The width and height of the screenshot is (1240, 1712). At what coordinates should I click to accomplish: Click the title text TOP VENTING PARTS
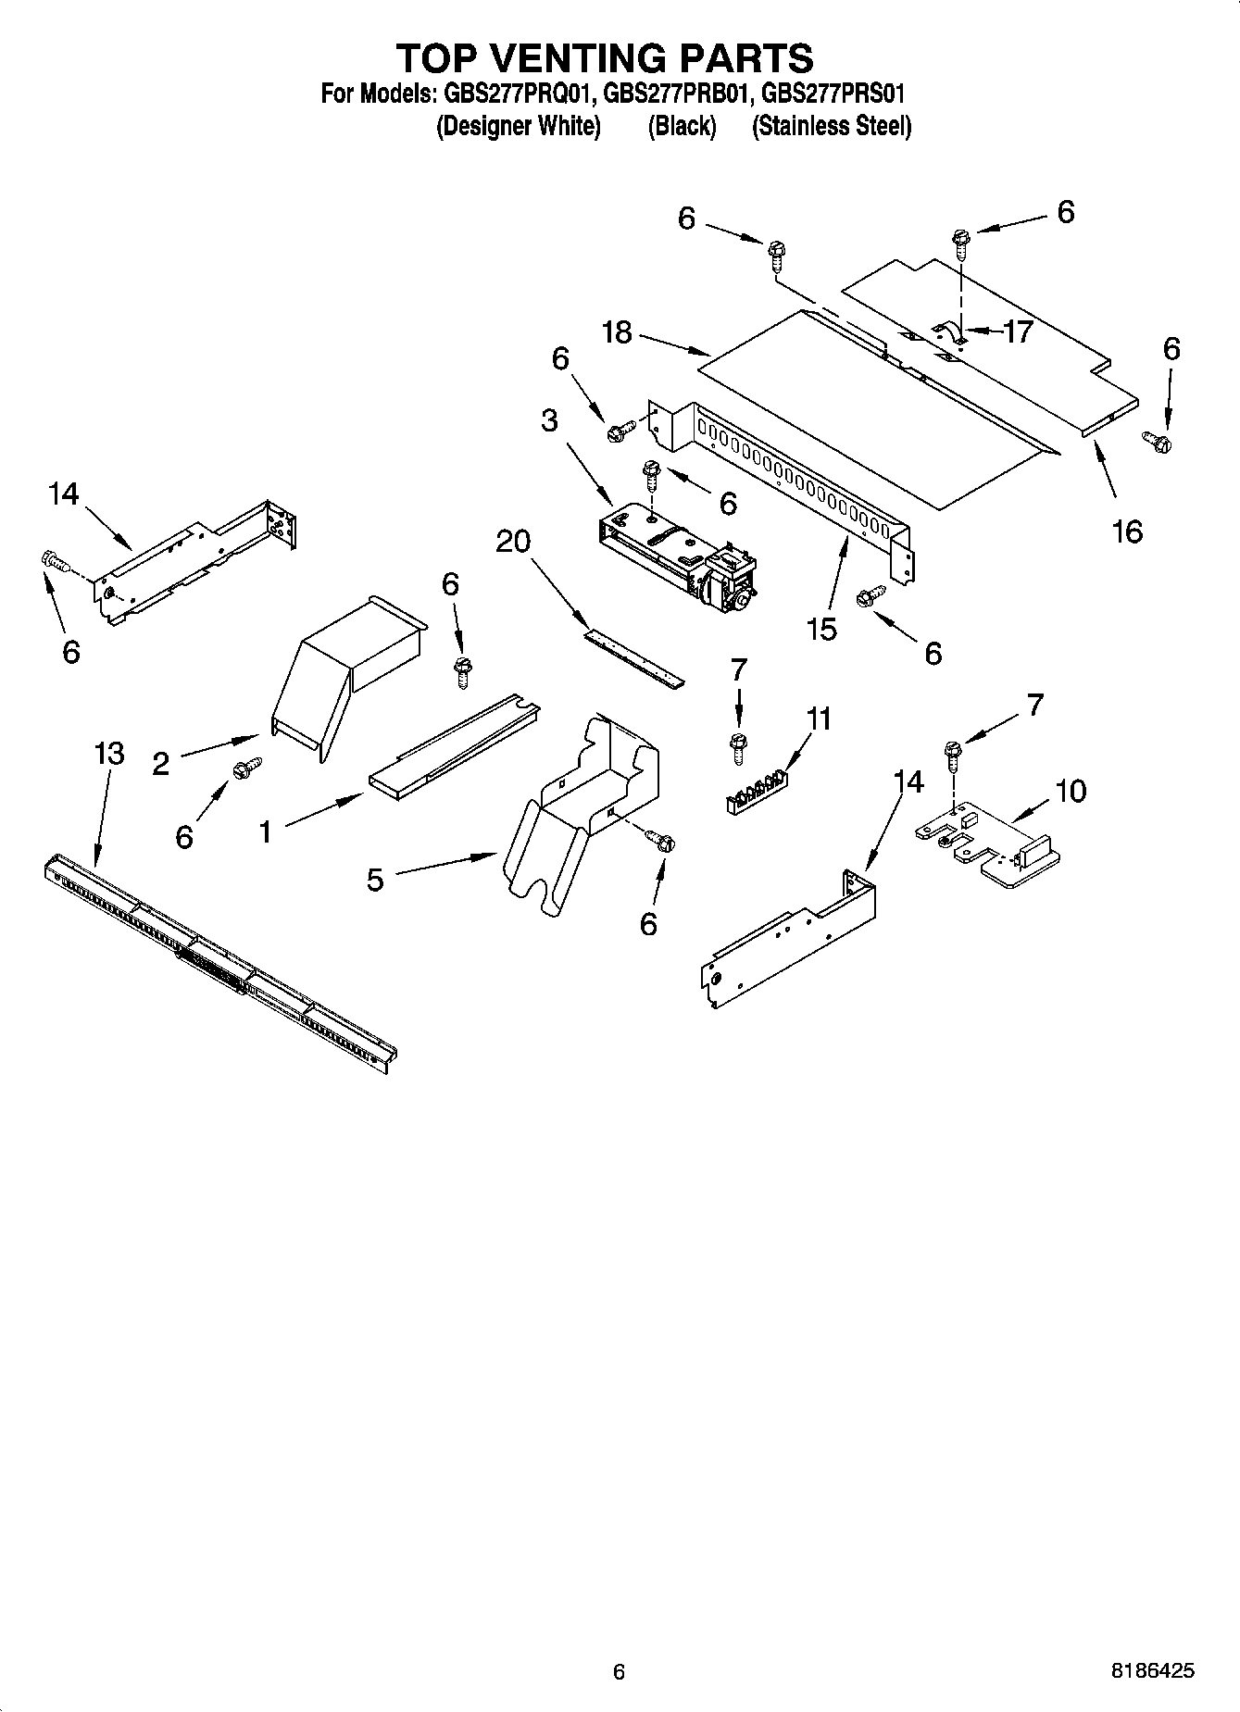click(x=606, y=58)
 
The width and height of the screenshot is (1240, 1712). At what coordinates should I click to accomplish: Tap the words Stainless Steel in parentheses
click(x=831, y=126)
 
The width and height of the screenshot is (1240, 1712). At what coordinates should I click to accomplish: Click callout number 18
click(x=617, y=332)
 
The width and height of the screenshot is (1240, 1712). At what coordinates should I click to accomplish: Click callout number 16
click(x=1127, y=531)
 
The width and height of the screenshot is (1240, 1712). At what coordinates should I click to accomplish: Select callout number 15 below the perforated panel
click(x=820, y=629)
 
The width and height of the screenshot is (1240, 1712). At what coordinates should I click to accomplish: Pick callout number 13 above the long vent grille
click(x=109, y=754)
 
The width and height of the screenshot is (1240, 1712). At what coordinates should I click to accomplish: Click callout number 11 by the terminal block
click(x=818, y=719)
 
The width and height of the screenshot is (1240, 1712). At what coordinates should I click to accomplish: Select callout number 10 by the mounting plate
click(x=1070, y=791)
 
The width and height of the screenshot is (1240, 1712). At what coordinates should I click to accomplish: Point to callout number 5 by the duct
click(x=374, y=879)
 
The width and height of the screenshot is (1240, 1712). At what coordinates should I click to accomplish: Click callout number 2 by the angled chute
click(x=161, y=764)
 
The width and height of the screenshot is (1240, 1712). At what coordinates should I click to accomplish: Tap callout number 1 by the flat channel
click(x=266, y=832)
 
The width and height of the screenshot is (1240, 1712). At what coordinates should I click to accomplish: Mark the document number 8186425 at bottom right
click(x=1152, y=1671)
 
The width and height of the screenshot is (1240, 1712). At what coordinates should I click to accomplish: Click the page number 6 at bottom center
click(x=619, y=1671)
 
